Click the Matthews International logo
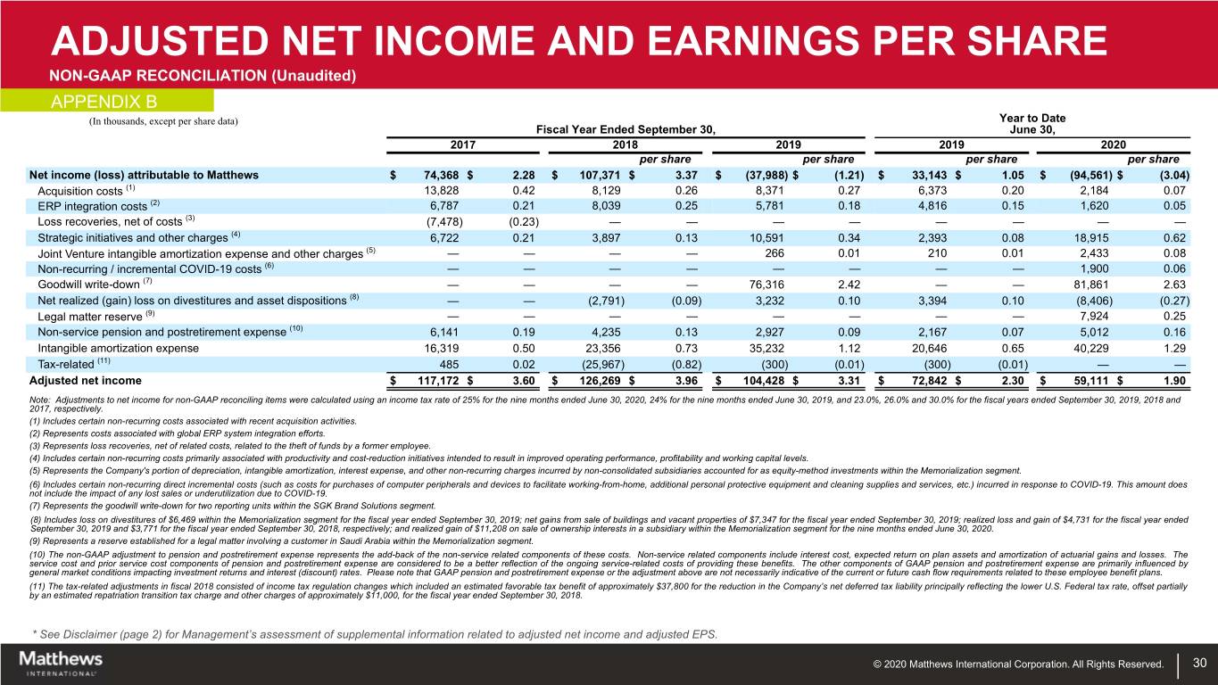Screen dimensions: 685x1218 coord(60,662)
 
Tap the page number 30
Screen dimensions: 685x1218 coord(1199,663)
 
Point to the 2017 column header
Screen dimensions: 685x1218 coord(462,144)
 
